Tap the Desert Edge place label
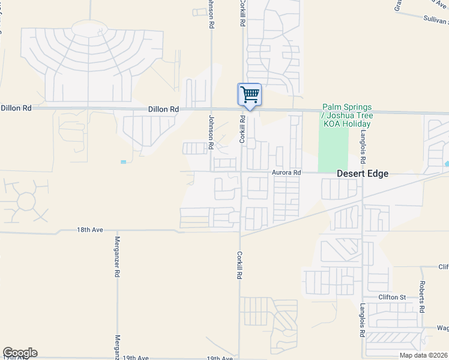pos(362,173)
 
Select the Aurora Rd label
pos(285,172)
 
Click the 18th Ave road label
pos(86,230)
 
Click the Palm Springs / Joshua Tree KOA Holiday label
pos(348,115)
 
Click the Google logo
pos(20,353)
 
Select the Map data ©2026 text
pos(423,355)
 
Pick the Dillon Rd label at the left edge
pos(16,108)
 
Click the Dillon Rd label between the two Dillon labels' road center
pos(164,110)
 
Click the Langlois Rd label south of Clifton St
pos(362,319)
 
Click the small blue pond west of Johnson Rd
pos(123,162)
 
